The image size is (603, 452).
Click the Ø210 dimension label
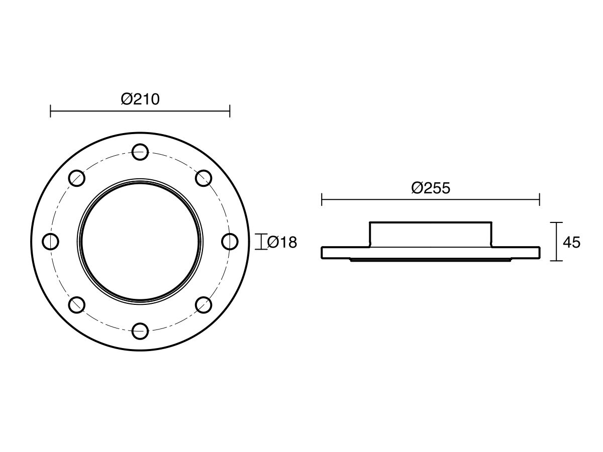[x=140, y=99]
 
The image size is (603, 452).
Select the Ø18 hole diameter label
[x=282, y=243]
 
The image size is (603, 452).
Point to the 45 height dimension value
[x=571, y=243]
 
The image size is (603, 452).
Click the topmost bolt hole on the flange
[x=140, y=152]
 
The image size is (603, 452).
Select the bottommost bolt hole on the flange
[x=140, y=331]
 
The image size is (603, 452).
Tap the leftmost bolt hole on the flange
[x=50, y=242]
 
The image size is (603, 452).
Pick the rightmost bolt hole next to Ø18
[x=230, y=242]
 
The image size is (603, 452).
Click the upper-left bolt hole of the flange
[x=76, y=178]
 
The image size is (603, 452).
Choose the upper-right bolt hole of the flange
[x=204, y=178]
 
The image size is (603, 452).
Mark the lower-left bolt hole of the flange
[x=76, y=305]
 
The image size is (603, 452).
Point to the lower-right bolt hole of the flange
[x=204, y=305]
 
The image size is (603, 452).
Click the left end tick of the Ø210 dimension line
[x=50, y=111]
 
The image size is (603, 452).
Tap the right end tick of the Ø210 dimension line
[x=230, y=111]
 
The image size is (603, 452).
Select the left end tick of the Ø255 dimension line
[x=322, y=200]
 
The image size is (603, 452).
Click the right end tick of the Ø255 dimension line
[x=540, y=200]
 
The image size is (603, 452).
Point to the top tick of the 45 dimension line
[x=556, y=222]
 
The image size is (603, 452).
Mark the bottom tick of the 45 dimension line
[x=556, y=261]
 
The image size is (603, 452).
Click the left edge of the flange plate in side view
[x=322, y=253]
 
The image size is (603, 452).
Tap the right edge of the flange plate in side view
[x=540, y=253]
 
